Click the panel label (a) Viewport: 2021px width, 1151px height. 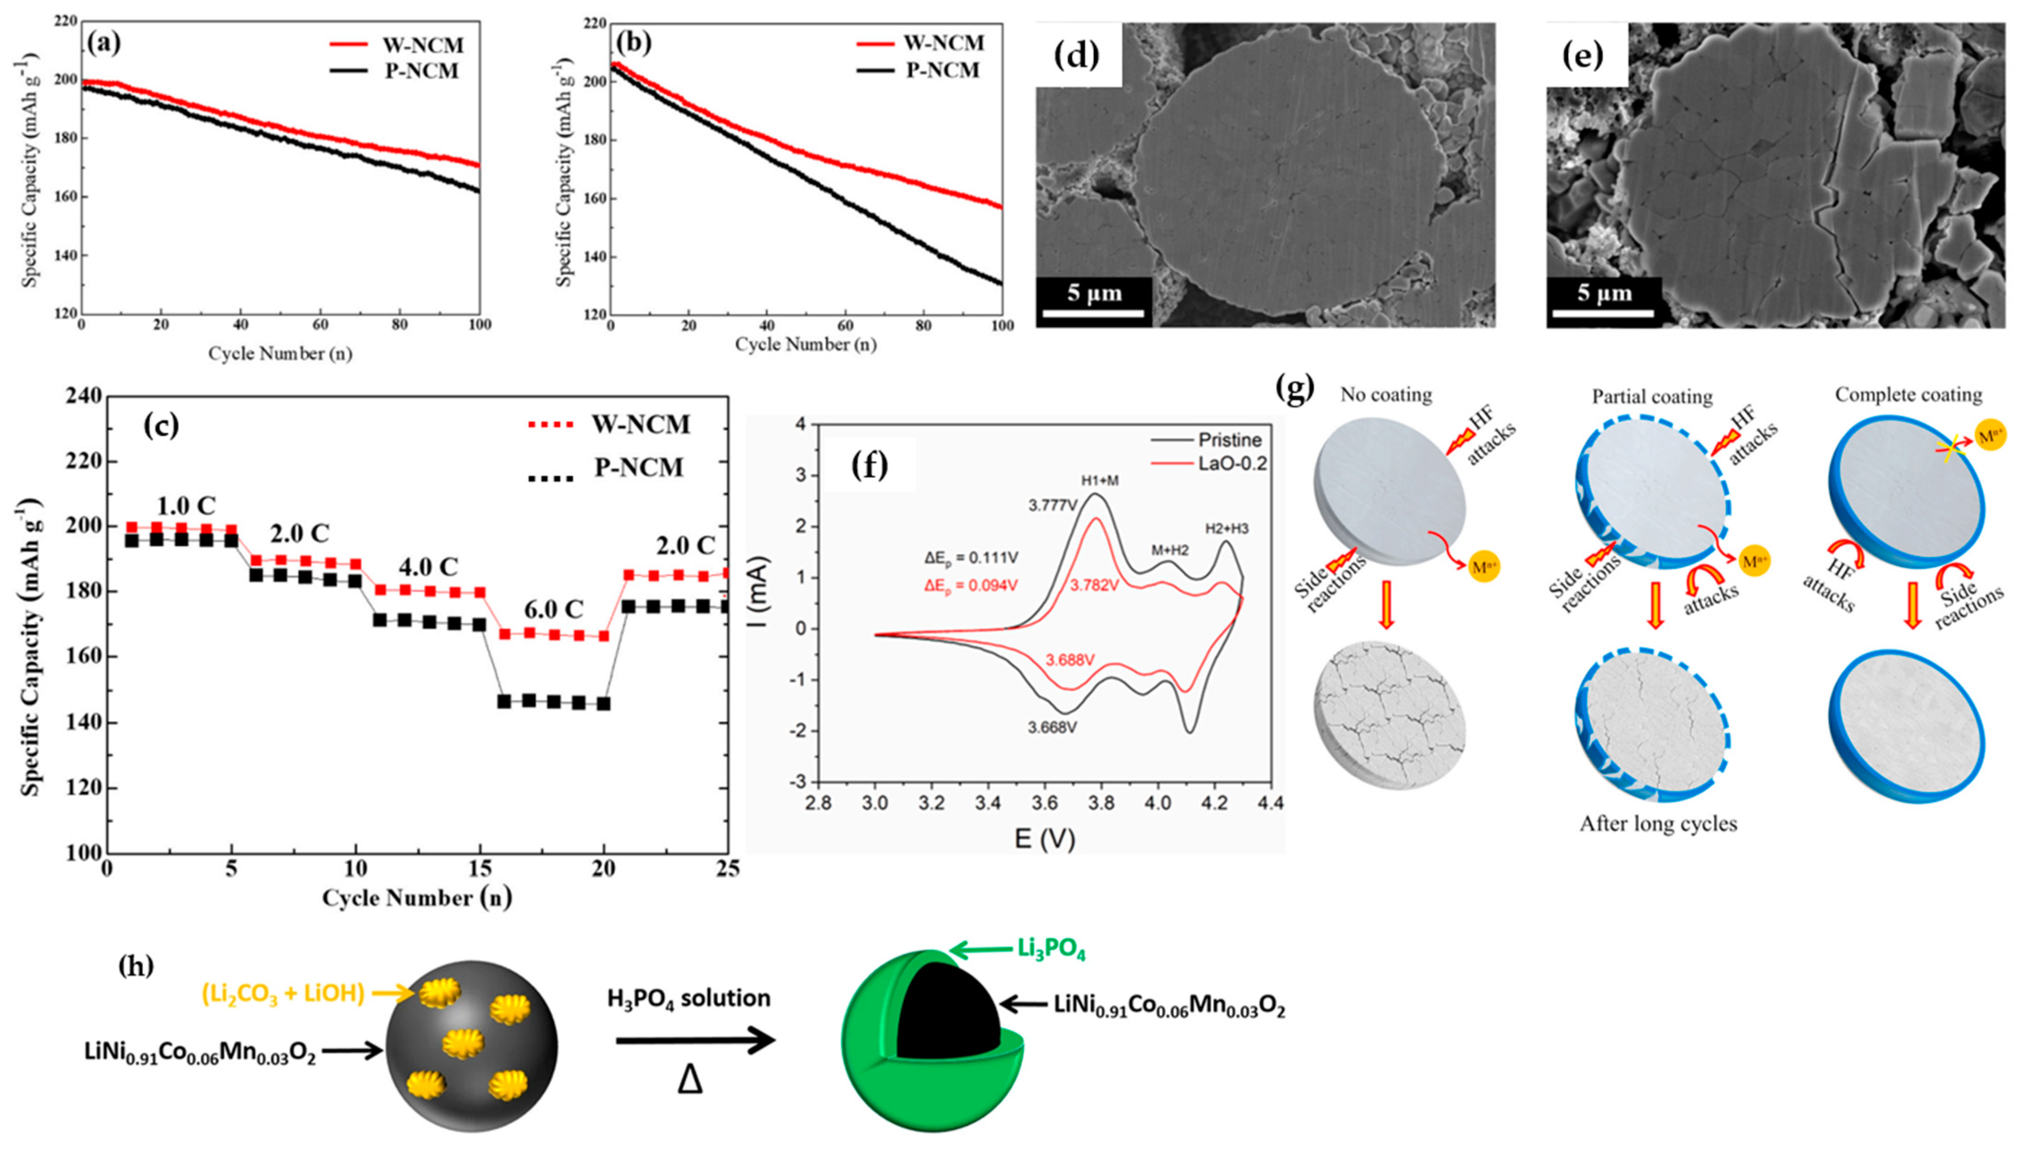tap(105, 42)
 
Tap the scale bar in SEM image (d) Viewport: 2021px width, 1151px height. tap(1093, 313)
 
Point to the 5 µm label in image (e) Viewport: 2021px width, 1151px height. tap(1604, 293)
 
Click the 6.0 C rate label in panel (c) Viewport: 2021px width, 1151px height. tap(553, 609)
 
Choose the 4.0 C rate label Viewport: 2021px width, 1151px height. tap(428, 567)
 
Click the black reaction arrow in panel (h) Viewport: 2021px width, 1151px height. tap(696, 1042)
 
